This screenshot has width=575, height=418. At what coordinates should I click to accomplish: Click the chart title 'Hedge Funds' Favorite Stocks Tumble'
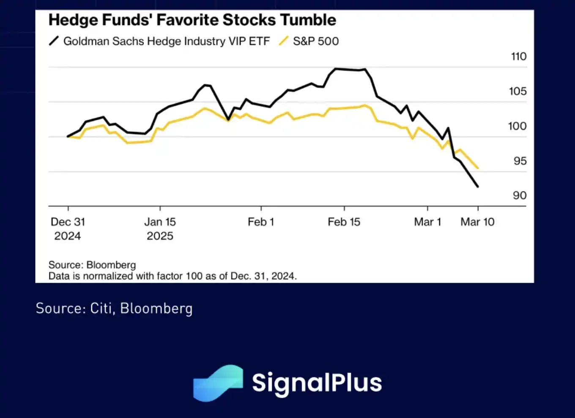click(x=192, y=20)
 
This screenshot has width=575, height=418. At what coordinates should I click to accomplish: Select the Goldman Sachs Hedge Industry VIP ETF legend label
click(x=166, y=41)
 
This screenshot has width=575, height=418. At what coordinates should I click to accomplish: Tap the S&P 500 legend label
click(x=316, y=41)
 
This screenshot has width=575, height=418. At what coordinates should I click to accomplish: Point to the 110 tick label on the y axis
click(x=518, y=56)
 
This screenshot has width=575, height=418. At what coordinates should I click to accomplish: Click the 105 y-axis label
click(x=517, y=91)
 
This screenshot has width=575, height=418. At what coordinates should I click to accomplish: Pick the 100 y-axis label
click(x=517, y=126)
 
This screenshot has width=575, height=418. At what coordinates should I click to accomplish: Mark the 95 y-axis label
click(x=520, y=161)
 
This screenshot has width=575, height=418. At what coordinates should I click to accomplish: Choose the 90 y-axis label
click(x=520, y=195)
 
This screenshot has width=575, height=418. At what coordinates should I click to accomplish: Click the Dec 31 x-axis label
click(x=68, y=222)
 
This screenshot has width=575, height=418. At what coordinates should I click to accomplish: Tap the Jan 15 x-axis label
click(x=160, y=222)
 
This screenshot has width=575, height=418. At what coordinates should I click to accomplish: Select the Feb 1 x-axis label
click(x=261, y=222)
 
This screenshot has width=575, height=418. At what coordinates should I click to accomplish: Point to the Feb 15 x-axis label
click(x=344, y=222)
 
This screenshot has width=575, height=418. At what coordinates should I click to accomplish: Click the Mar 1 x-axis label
click(x=427, y=222)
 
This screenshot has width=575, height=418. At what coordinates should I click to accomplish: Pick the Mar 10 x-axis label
click(x=477, y=222)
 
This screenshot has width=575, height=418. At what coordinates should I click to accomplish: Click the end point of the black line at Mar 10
click(x=478, y=187)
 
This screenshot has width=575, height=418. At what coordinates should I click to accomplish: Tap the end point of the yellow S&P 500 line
click(x=478, y=168)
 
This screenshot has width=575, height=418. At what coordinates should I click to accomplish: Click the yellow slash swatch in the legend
click(x=283, y=41)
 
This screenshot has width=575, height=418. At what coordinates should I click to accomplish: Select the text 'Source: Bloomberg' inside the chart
click(x=92, y=265)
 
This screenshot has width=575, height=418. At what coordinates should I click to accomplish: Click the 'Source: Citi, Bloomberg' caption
click(x=114, y=308)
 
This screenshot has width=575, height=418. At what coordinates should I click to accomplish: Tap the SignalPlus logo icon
click(x=218, y=382)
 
